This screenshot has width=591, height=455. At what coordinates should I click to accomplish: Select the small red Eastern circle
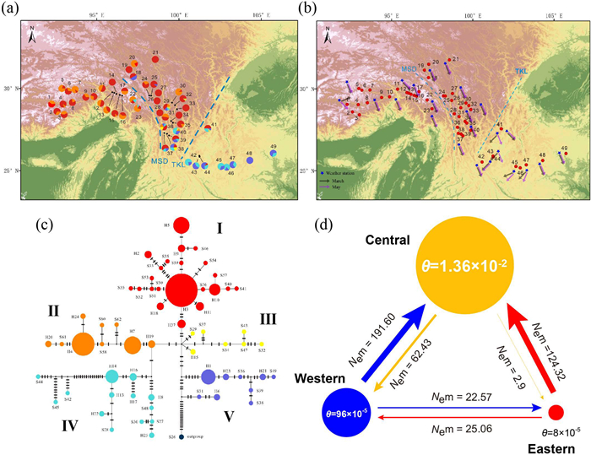(556, 413)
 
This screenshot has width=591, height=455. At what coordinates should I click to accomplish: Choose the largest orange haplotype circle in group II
(83, 344)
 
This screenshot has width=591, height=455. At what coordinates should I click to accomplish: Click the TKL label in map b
(521, 73)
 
